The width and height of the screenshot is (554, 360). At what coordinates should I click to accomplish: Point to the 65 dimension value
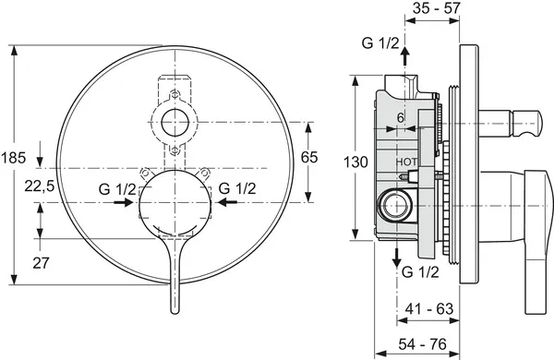[308, 158]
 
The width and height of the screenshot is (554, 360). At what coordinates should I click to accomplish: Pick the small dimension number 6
[401, 117]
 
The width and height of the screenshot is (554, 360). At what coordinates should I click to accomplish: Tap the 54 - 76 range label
[428, 344]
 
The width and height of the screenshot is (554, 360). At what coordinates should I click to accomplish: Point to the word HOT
[406, 162]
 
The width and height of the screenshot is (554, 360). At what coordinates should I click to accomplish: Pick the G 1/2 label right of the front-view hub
[237, 189]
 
